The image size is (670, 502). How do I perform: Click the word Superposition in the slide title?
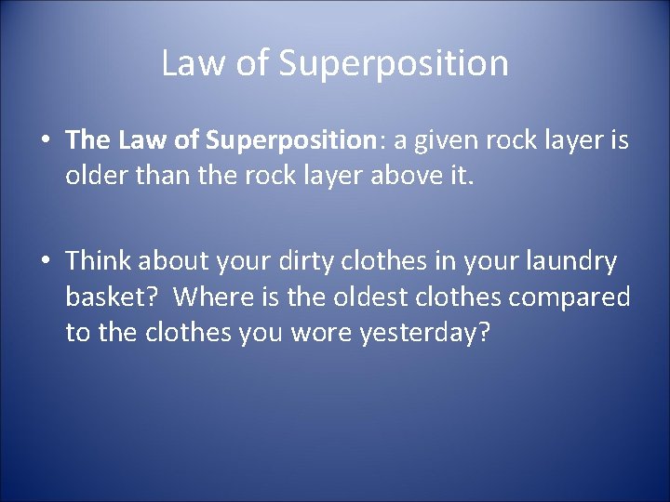(x=394, y=63)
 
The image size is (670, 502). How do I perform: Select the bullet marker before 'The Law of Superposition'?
(x=46, y=140)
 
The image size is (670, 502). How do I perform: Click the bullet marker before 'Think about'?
(x=46, y=263)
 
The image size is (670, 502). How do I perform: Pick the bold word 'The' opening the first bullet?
(x=88, y=140)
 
